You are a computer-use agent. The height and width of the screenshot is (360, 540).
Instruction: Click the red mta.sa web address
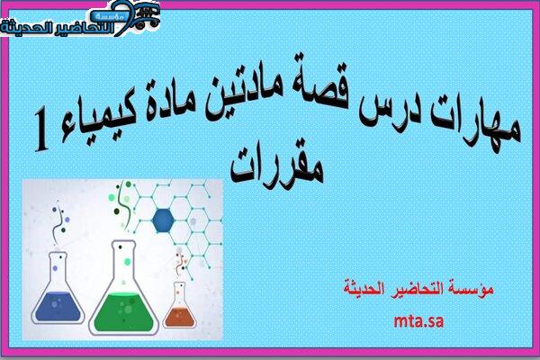(x=418, y=321)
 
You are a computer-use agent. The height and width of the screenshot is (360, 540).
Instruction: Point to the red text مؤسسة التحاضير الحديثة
(x=418, y=288)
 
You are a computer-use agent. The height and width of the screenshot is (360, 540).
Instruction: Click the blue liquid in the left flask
(x=58, y=306)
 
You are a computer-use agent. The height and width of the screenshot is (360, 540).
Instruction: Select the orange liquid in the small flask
(x=179, y=317)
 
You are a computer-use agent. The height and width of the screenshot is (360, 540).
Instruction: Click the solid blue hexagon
(x=163, y=220)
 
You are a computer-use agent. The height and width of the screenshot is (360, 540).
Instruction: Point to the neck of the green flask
(x=123, y=259)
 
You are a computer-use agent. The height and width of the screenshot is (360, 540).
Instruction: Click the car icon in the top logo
(x=148, y=16)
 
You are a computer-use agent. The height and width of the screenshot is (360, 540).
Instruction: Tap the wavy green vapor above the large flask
(x=125, y=204)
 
